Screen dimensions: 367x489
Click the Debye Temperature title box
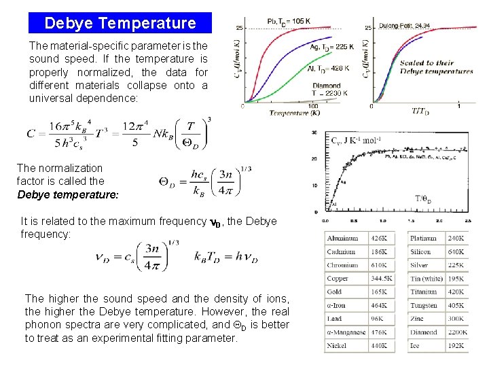coord(120,23)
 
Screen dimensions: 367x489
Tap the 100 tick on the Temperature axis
coord(313,106)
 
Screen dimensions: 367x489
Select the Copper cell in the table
coord(338,279)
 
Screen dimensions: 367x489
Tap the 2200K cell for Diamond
coord(456,332)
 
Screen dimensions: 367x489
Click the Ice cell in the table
coord(415,345)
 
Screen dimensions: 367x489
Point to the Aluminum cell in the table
coord(343,239)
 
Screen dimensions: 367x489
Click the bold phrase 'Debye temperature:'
coord(68,194)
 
